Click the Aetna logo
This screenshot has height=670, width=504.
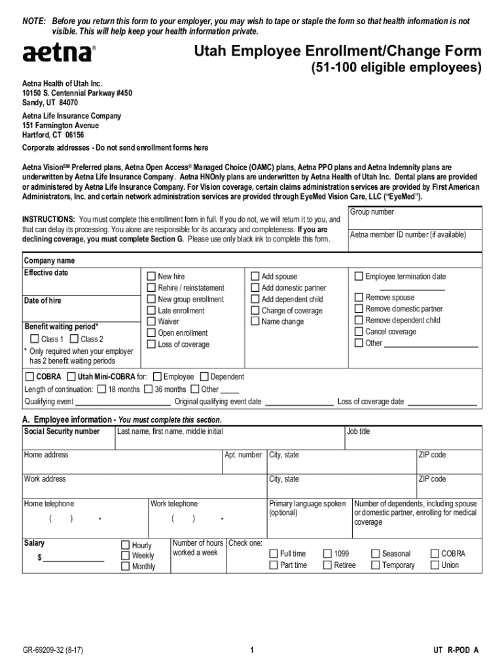[x=58, y=53]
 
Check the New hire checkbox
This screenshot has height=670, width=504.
[x=151, y=277]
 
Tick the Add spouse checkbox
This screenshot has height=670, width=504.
[x=255, y=277]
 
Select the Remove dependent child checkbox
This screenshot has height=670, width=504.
[x=359, y=320]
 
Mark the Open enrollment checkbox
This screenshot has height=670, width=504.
[x=151, y=333]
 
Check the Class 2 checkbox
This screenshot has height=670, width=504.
[x=74, y=339]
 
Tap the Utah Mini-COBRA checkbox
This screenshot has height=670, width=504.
[x=71, y=377]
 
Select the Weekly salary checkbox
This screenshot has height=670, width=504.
[x=125, y=555]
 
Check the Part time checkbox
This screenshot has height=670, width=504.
[x=274, y=565]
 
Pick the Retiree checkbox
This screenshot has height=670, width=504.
[x=327, y=565]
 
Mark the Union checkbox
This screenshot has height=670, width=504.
[x=435, y=565]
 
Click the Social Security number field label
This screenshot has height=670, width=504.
[x=62, y=432]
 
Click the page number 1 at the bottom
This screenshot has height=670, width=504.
[x=252, y=650]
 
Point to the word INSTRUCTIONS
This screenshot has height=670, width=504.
[x=48, y=219]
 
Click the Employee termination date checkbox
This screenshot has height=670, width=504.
[x=359, y=277]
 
